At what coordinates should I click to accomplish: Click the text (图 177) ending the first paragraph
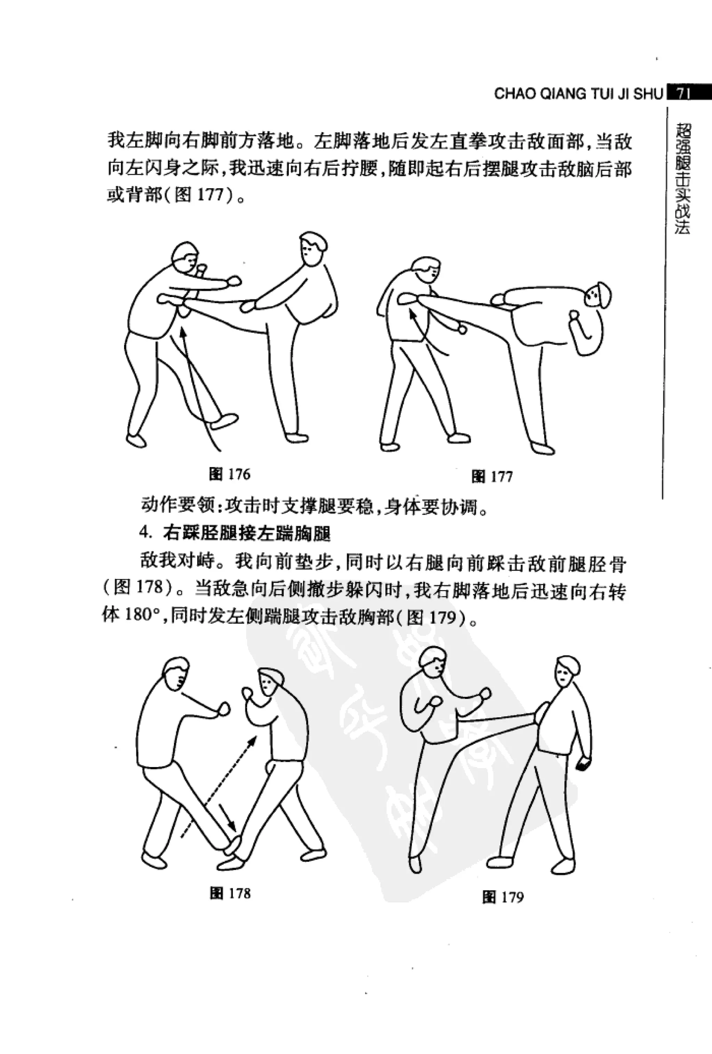point(200,195)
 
